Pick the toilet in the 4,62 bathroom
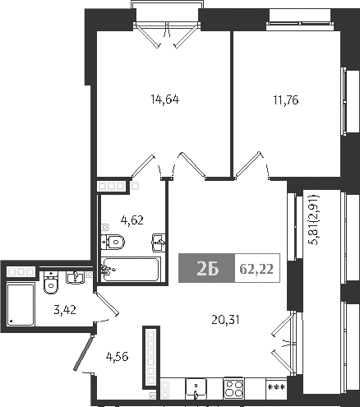[x=113, y=242]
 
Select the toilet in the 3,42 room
[x=49, y=284]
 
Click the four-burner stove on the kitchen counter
[x=234, y=387]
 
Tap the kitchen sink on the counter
[x=196, y=387]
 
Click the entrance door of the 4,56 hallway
[x=80, y=357]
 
